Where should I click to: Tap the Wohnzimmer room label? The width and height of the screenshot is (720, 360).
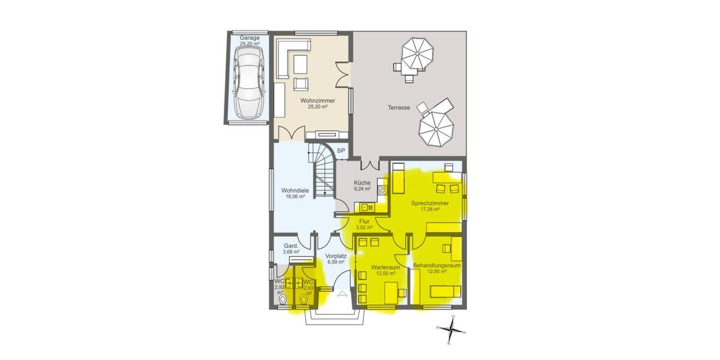coord(317,104)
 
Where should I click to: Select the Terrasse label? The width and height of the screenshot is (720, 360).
coord(398,108)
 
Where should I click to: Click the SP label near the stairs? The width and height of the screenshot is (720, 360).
coord(341,151)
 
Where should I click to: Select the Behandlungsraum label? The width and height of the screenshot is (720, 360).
coord(437,268)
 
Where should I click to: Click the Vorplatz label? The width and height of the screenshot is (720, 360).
coord(336,259)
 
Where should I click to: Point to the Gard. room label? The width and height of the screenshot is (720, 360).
coord(290,248)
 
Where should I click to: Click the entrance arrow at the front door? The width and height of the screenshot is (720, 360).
coord(343,293)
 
